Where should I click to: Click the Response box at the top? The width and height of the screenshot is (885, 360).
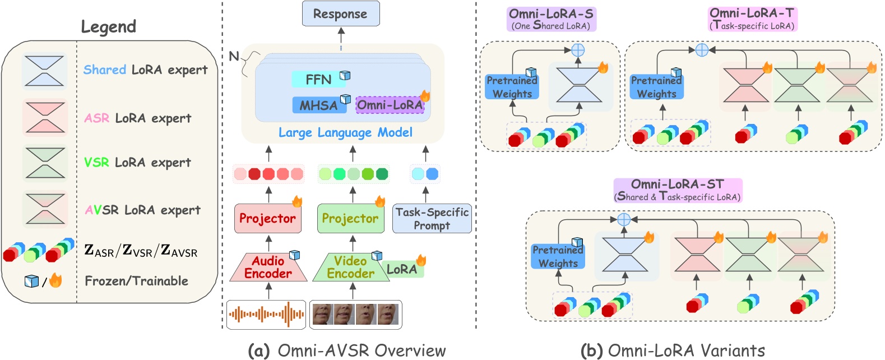[341, 14]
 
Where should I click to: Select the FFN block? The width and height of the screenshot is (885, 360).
[318, 80]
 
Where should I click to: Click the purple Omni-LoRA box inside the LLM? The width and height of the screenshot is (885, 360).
[390, 105]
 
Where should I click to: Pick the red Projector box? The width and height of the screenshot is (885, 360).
[267, 219]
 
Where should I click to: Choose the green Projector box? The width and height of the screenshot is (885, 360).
[350, 219]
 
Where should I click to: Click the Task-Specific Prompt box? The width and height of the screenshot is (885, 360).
[432, 219]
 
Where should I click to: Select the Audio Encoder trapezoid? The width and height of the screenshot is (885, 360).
[268, 267]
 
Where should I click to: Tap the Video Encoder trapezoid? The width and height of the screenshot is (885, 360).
[351, 267]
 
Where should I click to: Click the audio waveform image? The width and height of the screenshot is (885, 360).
[266, 314]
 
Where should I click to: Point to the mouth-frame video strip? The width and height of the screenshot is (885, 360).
[355, 314]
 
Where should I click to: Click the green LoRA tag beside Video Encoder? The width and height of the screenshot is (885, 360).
[402, 270]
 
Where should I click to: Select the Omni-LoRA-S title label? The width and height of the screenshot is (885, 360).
[551, 19]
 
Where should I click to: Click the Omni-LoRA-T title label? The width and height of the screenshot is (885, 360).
[752, 19]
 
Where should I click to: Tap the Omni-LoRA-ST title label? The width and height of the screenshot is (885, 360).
[678, 190]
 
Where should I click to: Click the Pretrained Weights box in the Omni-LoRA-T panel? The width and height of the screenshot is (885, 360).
[656, 87]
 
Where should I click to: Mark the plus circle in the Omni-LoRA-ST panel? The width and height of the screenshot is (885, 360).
[624, 219]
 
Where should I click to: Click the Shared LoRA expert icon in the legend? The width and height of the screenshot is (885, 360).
[44, 71]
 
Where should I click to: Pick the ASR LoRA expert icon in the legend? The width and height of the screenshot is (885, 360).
[44, 118]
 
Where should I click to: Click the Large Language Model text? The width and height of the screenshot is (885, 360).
[345, 133]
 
